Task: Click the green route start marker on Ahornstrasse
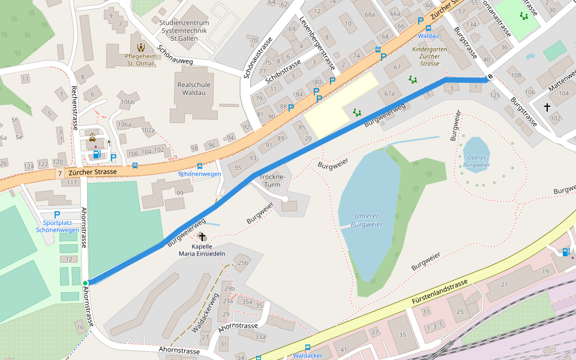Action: (x=85, y=283)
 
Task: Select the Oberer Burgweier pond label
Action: (x=478, y=161)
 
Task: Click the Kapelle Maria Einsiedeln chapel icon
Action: (x=202, y=237)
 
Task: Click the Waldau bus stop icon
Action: (x=428, y=28)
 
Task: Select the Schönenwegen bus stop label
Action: (x=200, y=174)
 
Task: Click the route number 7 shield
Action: (x=59, y=173)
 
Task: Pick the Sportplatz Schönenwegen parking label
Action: (x=57, y=226)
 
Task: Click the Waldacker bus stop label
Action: (x=308, y=355)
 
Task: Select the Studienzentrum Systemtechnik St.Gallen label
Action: (x=183, y=31)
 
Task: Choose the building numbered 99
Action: (x=179, y=193)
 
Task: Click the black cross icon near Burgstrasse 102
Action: (x=547, y=107)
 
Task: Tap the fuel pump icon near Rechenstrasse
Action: (x=96, y=154)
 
